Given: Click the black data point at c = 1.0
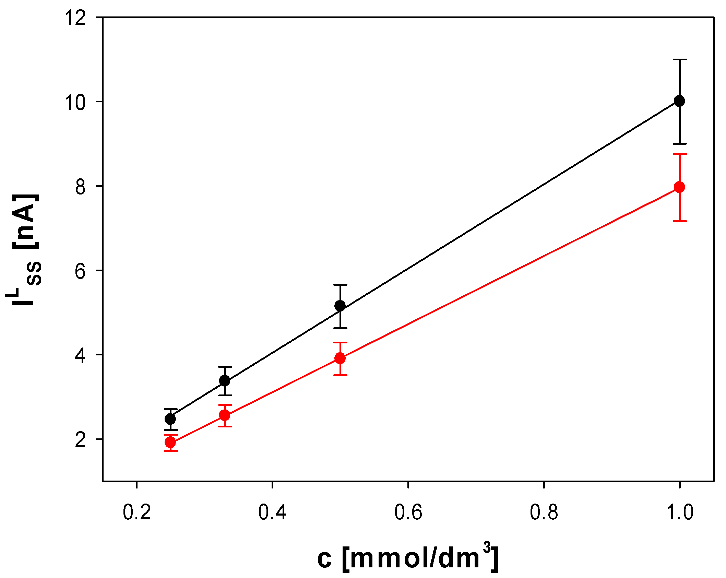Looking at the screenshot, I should (679, 101).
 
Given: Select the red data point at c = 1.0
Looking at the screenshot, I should (679, 187).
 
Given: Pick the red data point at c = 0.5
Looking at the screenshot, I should (340, 358).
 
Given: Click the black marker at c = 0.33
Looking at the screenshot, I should (225, 380).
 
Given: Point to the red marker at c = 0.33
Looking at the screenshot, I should (225, 415).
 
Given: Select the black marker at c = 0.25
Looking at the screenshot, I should (170, 419).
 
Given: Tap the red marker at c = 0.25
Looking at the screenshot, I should (170, 442).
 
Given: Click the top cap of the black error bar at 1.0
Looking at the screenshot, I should (679, 59).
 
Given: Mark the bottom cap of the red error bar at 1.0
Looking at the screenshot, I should (679, 221).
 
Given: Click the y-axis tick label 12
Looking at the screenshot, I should (75, 18).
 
